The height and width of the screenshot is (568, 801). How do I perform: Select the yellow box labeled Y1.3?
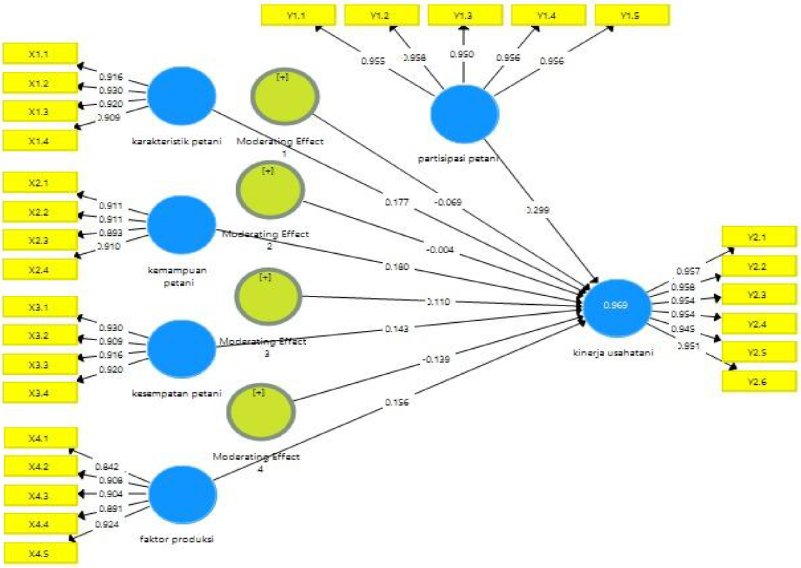pyautogui.click(x=465, y=16)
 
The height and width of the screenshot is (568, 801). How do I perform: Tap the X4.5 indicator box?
pyautogui.click(x=40, y=553)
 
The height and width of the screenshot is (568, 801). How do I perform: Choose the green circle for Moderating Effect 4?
pyautogui.click(x=261, y=412)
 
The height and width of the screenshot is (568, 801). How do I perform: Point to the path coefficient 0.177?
pyautogui.click(x=397, y=203)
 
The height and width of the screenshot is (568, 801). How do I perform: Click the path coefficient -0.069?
pyautogui.click(x=448, y=202)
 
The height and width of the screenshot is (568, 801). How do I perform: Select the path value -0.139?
pyautogui.click(x=436, y=359)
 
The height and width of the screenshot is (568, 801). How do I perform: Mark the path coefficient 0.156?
pyautogui.click(x=397, y=402)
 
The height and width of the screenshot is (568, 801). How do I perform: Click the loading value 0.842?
pyautogui.click(x=107, y=467)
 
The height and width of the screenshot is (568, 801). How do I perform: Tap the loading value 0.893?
pyautogui.click(x=111, y=233)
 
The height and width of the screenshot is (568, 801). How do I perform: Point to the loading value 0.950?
pyautogui.click(x=462, y=54)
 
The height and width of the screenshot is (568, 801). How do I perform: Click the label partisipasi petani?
pyautogui.click(x=458, y=159)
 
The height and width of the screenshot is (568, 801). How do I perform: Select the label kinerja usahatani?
pyautogui.click(x=613, y=353)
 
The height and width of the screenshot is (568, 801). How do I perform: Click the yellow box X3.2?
pyautogui.click(x=40, y=335)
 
